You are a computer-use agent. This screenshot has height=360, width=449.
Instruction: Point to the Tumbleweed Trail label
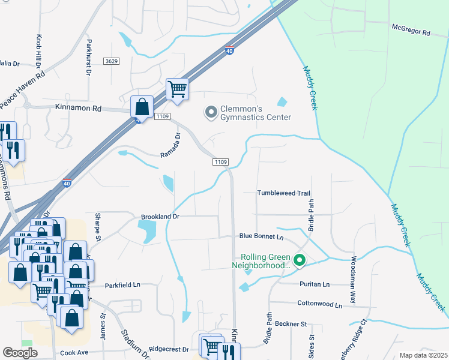283,193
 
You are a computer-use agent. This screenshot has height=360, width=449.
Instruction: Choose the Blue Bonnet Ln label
261,236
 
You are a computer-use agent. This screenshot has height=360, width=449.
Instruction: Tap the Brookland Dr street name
160,216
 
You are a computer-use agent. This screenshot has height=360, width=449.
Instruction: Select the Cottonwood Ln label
319,305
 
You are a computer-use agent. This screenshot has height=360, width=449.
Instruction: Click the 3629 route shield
111,61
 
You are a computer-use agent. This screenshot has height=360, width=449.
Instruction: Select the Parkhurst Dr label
88,57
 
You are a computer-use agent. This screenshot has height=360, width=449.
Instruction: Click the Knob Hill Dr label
40,52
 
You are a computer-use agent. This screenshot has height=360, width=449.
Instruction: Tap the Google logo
20,353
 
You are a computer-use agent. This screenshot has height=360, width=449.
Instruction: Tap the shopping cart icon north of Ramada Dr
178,89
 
